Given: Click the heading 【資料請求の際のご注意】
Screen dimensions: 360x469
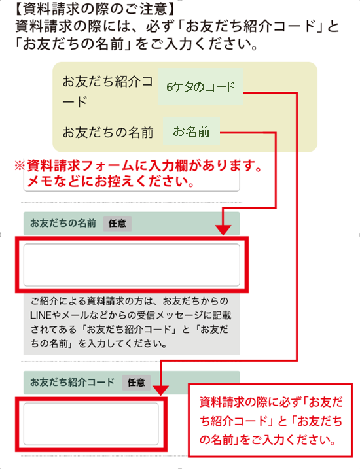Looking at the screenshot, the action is coord(94,9).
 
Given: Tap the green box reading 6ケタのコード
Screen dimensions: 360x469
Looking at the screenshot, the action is coord(201,86).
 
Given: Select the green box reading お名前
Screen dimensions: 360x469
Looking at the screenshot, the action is coord(192,131).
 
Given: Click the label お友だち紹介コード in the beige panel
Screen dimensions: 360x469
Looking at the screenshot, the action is coord(108,91).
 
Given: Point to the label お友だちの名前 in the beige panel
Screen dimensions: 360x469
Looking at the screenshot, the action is coord(108,132).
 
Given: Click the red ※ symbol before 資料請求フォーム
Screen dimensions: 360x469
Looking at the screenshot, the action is coord(20,165).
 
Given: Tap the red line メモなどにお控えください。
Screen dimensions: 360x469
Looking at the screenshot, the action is coord(111,182).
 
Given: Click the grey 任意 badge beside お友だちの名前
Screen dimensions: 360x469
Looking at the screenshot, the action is coord(117,224).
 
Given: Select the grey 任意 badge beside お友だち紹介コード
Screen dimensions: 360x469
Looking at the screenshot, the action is coord(136,383).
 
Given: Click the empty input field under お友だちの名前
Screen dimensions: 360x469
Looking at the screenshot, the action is coord(132,265).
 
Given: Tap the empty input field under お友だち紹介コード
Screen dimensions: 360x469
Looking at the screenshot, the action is coord(91,424).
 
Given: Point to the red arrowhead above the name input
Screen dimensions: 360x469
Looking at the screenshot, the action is coord(223,230).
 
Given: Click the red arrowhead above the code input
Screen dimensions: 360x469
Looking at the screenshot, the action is coord(161,391).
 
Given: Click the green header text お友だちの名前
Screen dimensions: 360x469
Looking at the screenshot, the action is coord(63,223).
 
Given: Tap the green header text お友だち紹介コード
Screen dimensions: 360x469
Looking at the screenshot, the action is coord(72,382).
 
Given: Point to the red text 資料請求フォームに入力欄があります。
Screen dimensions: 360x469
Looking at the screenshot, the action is coord(145,165).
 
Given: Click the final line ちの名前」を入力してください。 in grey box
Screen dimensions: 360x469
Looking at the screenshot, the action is coord(99,343).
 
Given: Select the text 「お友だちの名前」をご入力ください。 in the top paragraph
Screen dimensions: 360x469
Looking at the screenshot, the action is coord(136,44).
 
